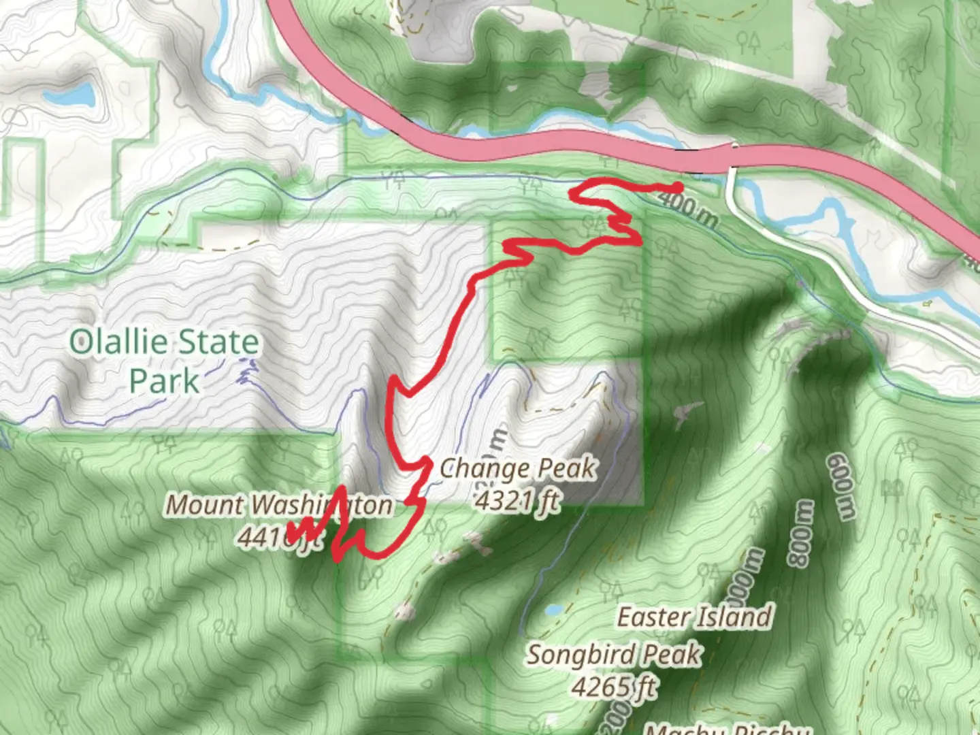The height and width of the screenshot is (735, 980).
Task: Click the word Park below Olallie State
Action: pos(164,381)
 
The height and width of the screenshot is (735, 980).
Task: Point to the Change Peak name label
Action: pos(517,468)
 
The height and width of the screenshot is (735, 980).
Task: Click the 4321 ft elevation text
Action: pos(517,501)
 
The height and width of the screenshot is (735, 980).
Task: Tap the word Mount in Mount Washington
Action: pos(205,505)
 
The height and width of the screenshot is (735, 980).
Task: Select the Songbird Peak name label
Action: pos(613,655)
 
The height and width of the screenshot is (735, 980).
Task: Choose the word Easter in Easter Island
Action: pos(654,617)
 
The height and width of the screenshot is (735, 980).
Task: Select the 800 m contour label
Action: pos(800,534)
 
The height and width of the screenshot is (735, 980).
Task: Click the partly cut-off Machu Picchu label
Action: pos(725,728)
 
